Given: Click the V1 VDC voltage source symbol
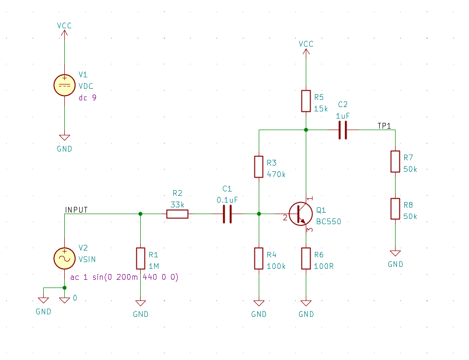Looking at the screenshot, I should point(64,85).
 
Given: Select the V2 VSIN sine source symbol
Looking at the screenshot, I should point(64,258).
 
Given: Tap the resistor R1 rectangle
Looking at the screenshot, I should point(140,258).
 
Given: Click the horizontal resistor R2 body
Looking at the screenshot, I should point(177,214).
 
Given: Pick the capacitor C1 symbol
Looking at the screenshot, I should point(228,214).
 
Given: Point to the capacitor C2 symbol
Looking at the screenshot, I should point(342,130).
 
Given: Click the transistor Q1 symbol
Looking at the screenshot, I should point(301,214).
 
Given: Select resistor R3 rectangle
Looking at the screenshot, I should point(259,167).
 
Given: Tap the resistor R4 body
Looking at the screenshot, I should point(259,258).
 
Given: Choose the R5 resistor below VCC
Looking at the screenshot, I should point(306,101).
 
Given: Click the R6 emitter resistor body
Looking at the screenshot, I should point(306,258).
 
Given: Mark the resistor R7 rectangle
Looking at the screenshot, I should point(395,161).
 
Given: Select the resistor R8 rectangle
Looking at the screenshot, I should point(395,209).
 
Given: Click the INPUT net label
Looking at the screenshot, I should point(76,210).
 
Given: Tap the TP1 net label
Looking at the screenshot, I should point(385,126).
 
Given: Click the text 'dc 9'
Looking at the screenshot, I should point(87,97).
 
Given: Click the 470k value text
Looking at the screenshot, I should point(276,174).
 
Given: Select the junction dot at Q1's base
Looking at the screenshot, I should point(259,214).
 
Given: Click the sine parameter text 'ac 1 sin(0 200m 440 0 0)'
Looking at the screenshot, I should point(124,277).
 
